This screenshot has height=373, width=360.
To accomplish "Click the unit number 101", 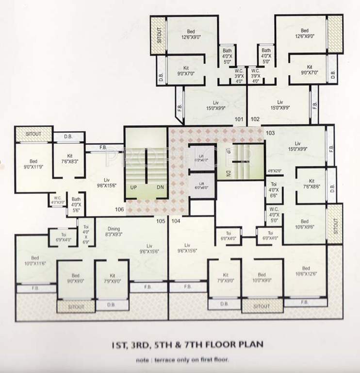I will [239, 119].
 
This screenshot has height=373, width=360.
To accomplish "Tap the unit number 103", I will [270, 133].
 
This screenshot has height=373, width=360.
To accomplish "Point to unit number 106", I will [119, 210].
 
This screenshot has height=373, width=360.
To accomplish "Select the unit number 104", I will [176, 221].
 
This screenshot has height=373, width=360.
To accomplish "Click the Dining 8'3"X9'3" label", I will [114, 231].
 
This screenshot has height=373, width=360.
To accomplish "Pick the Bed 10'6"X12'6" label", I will [306, 271].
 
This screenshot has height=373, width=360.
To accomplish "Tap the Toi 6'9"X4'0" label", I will [63, 237].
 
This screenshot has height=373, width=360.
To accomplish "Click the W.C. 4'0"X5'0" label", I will [274, 214].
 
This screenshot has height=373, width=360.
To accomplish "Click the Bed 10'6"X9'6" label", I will [306, 223].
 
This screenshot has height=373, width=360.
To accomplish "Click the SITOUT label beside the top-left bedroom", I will [158, 35].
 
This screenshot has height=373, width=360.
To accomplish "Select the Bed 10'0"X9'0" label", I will [262, 277].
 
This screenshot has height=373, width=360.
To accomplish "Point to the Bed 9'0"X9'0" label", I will [75, 278].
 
